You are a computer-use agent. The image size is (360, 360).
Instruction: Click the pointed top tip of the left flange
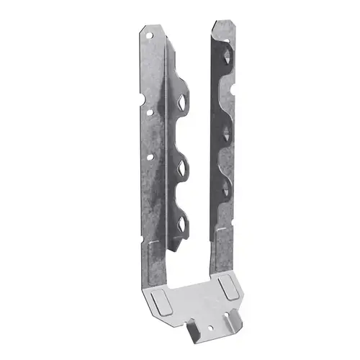(140, 24)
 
